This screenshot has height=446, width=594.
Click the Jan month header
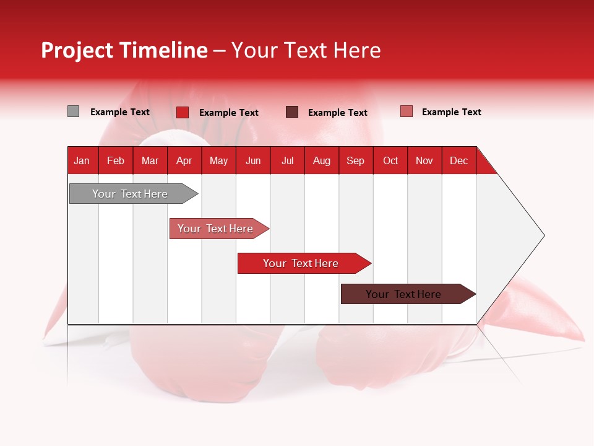tap(82, 160)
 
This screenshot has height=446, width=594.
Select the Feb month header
tap(116, 160)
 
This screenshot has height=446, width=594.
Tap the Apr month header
tap(184, 160)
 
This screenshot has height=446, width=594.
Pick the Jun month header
tap(253, 160)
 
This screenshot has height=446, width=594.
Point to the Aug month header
tap(321, 160)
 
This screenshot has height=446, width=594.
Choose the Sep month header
tap(355, 160)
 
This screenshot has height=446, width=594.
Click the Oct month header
tap(390, 160)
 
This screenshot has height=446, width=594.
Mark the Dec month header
tap(458, 160)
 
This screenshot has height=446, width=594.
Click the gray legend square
tap(73, 111)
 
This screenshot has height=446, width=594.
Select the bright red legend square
tap(183, 112)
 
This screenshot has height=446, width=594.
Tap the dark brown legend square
tap(292, 112)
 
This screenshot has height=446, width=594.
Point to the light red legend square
tap(406, 111)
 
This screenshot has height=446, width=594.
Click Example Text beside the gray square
tap(120, 112)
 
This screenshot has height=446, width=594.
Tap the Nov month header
tap(424, 160)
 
